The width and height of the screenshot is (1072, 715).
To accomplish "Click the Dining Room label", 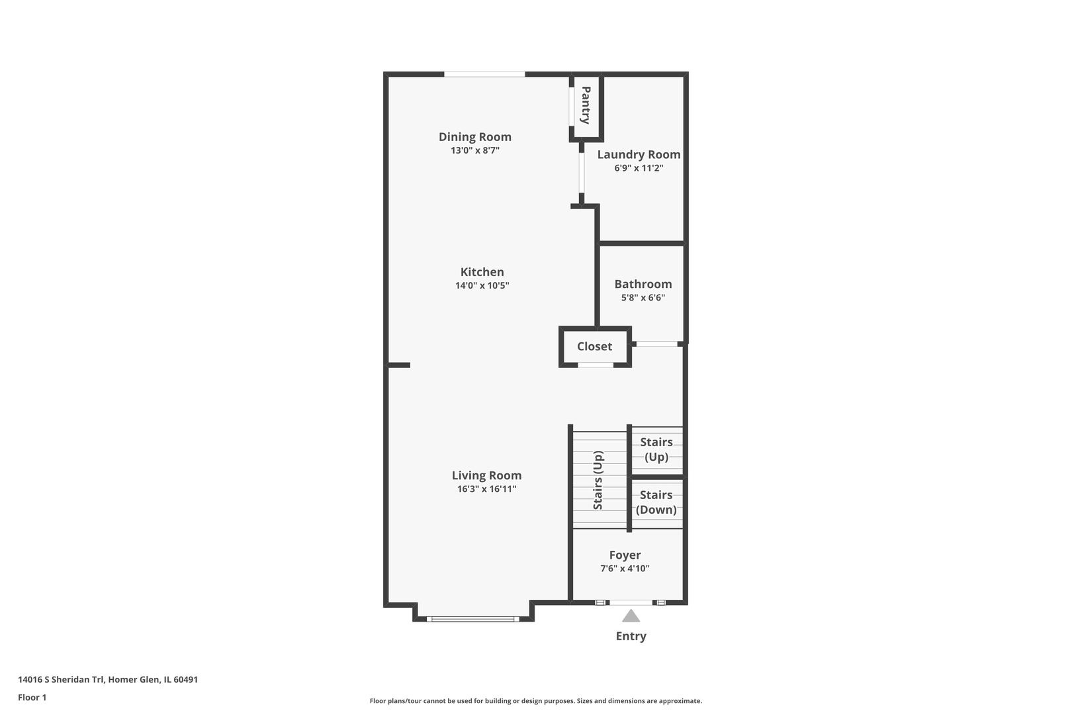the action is [x=474, y=137].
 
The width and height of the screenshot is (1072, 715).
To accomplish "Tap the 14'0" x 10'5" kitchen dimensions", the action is [x=482, y=285].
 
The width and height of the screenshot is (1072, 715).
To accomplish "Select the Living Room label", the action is [x=487, y=475].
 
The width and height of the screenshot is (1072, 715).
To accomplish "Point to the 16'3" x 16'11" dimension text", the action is [x=487, y=489].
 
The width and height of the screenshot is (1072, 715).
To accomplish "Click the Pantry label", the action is [x=586, y=105].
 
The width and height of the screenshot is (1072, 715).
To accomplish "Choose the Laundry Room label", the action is [x=639, y=155].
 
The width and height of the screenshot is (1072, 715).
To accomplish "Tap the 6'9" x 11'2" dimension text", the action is [x=639, y=168].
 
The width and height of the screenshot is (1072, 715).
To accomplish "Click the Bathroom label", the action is [x=643, y=284].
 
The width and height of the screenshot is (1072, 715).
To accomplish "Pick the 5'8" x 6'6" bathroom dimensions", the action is [x=643, y=297].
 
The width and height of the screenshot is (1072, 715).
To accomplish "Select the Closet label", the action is [x=594, y=346].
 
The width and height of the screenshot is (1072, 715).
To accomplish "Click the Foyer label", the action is [x=625, y=555].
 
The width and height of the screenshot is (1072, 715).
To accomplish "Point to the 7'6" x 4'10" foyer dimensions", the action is [x=625, y=569].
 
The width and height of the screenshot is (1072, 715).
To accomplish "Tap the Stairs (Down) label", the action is [x=656, y=502].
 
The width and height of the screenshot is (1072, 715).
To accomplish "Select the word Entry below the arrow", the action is [x=631, y=636].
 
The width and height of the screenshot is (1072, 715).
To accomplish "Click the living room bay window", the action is [x=473, y=619].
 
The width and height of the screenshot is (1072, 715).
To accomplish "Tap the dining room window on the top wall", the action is [x=484, y=74].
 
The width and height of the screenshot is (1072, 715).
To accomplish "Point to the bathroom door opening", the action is [x=656, y=344].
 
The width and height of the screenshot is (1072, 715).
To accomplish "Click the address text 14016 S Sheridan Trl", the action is [x=62, y=679].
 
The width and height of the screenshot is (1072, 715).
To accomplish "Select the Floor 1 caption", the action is [x=32, y=697].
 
